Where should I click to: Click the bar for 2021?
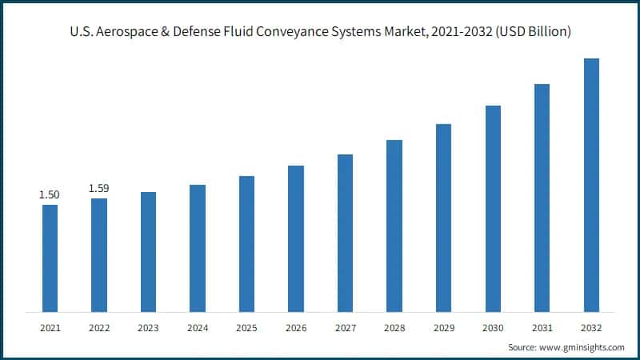(50, 258)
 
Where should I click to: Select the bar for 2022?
(99, 254)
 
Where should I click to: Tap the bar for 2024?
(198, 248)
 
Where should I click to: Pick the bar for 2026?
(296, 238)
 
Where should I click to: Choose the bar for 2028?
(394, 226)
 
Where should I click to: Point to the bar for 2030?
(493, 208)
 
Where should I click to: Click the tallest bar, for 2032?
(591, 185)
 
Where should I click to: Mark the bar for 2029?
(443, 218)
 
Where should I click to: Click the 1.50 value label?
(50, 194)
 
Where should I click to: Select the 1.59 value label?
(99, 188)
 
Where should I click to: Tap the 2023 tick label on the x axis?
(148, 328)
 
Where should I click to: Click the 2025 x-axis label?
(246, 328)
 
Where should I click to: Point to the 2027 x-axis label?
(345, 328)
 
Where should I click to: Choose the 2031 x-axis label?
(542, 328)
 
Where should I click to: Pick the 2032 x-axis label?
(591, 328)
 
